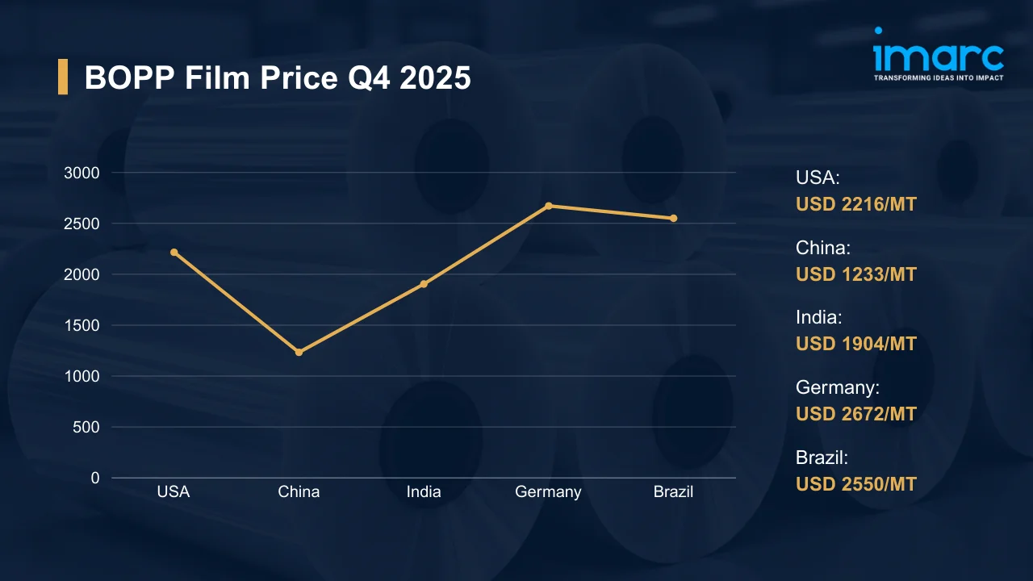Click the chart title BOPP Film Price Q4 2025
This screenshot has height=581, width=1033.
(278, 77)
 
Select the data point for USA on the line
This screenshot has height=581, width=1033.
(174, 253)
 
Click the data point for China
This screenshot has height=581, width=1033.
(299, 353)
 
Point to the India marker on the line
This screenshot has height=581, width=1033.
(424, 284)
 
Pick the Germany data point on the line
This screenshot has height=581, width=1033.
(549, 206)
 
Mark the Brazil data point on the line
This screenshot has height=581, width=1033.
(673, 218)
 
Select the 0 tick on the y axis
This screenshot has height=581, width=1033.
(95, 478)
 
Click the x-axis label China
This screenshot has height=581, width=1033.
(299, 491)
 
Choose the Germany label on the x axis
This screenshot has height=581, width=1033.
(548, 491)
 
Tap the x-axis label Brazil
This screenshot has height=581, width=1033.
(673, 491)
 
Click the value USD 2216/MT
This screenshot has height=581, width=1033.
(856, 204)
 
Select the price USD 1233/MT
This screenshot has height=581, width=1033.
(856, 274)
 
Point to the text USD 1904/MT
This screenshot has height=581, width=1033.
(856, 344)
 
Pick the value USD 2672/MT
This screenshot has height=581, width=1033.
(856, 414)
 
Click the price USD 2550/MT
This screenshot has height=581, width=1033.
(856, 484)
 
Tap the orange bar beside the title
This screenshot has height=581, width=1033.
(63, 77)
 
